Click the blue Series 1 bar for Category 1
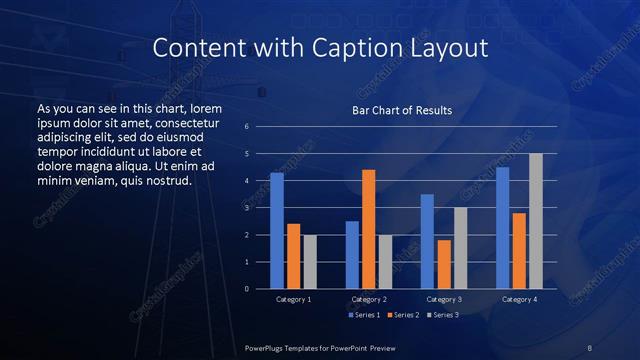click(277, 231)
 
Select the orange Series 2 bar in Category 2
click(369, 229)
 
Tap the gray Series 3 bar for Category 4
click(536, 221)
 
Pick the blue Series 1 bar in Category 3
click(427, 241)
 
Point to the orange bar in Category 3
click(444, 264)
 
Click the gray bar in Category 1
click(310, 262)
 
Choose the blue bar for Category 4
click(502, 228)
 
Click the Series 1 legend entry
click(364, 315)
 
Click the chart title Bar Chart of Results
click(402, 110)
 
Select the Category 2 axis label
click(369, 299)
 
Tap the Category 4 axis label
click(519, 299)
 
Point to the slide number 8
click(589, 347)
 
